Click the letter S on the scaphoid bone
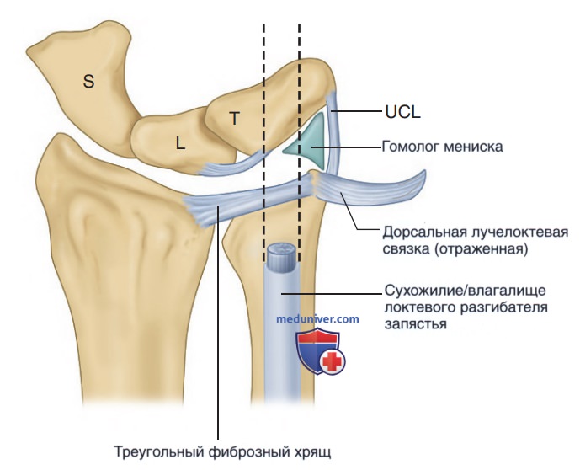point(88,81)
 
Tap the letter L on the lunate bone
point(180,143)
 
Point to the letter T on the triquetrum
point(235,119)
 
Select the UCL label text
point(402,111)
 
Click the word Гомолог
point(411,147)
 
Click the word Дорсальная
point(423,233)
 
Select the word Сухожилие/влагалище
point(466,291)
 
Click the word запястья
point(415,323)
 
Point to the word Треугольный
point(159,451)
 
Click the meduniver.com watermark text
point(317,318)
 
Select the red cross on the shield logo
point(333,361)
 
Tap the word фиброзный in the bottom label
point(249,451)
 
